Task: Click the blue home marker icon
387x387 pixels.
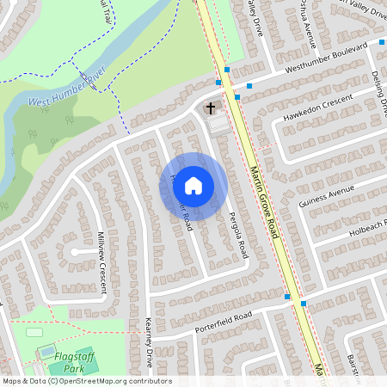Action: pyautogui.click(x=193, y=186)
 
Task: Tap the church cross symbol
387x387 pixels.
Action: pyautogui.click(x=211, y=109)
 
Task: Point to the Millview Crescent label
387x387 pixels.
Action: pyautogui.click(x=102, y=263)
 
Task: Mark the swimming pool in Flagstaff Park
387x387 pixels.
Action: pyautogui.click(x=46, y=352)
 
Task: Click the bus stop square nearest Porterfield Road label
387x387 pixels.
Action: pyautogui.click(x=288, y=297)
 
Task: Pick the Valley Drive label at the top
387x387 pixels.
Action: pyautogui.click(x=255, y=17)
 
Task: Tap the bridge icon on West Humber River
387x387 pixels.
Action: pyautogui.click(x=86, y=80)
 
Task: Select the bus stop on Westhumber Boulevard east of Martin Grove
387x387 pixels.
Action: pyautogui.click(x=249, y=86)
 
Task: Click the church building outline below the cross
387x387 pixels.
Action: pyautogui.click(x=218, y=126)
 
